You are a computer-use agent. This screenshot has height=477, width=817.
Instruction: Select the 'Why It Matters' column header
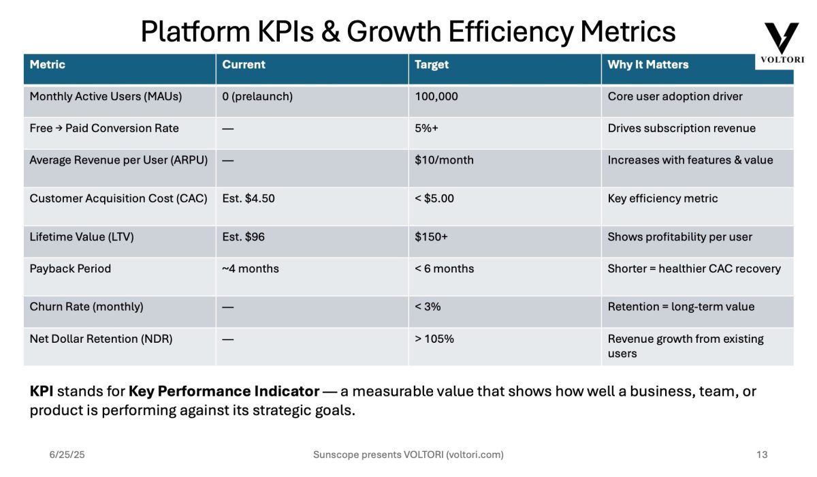[647, 65]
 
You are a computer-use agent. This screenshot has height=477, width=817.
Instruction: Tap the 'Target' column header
[432, 65]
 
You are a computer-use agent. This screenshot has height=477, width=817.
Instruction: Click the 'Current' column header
[243, 65]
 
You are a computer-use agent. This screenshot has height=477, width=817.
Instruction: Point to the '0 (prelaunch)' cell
[257, 97]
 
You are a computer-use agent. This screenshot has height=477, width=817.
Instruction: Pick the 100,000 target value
[436, 97]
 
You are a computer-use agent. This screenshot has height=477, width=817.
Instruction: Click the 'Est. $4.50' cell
[249, 198]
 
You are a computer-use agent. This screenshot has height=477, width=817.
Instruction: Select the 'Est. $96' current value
[243, 237]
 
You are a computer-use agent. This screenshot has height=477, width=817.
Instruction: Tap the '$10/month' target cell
[444, 160]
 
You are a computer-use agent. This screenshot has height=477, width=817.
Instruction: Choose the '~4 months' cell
[250, 268]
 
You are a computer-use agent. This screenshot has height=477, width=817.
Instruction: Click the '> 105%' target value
[434, 339]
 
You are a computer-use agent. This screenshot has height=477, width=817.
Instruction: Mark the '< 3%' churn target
[428, 307]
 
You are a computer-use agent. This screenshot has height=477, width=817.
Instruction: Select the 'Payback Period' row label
[70, 268]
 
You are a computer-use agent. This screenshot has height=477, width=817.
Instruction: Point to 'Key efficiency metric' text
[662, 198]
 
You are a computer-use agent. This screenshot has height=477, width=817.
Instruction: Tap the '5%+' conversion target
[426, 128]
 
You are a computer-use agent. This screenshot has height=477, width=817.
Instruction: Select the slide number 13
[762, 455]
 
